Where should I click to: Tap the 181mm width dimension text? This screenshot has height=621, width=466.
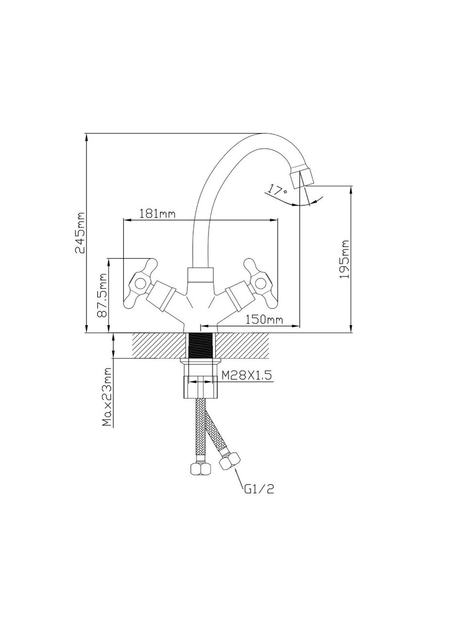pos(157,214)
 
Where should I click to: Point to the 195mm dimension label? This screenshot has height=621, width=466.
pos(344,260)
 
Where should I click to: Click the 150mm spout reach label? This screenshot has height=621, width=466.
pos(264,320)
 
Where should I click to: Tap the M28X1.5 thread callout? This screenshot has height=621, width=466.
pos(247,376)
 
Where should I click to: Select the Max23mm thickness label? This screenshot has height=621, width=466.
pos(107,401)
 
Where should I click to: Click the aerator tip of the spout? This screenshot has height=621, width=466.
pos(302,178)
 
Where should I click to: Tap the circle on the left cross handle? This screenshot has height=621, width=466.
pos(140,283)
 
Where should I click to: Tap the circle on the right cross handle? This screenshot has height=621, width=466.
pos(261,283)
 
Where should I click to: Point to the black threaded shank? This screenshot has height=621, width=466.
pos(200,346)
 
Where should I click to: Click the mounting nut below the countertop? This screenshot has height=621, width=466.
pos(200,387)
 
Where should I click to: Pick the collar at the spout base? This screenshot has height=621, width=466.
pos(200,276)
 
